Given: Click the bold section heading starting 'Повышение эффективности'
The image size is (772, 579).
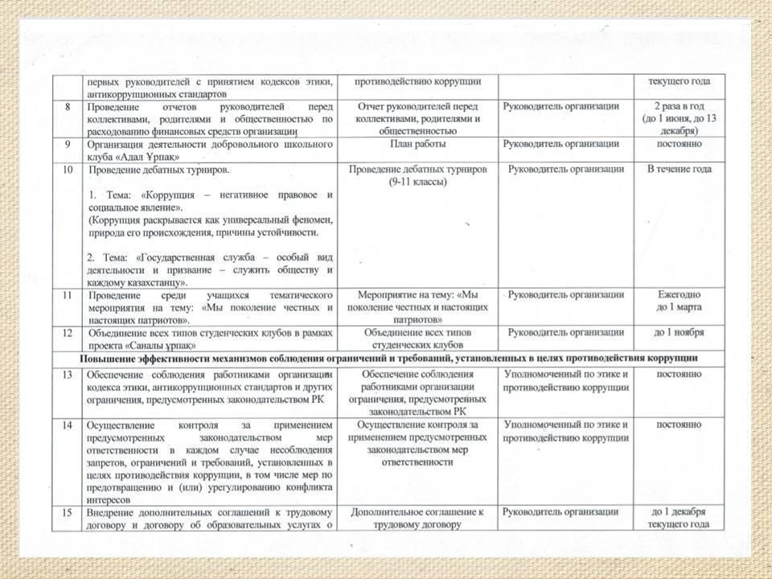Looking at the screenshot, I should tap(388, 357).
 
